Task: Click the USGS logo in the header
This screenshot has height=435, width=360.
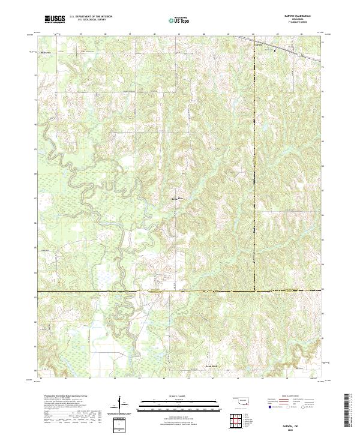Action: [x=55, y=20]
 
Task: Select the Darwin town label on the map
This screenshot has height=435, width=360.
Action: [x=259, y=45]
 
